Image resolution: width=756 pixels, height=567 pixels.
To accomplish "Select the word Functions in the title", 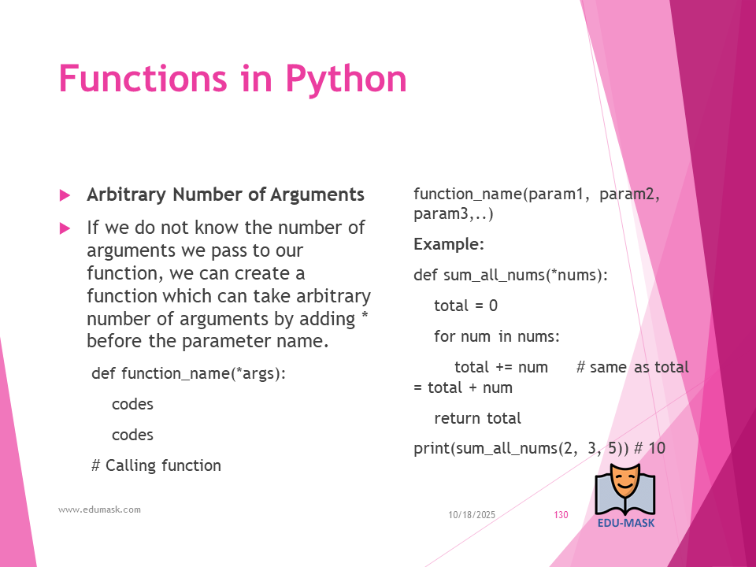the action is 143,78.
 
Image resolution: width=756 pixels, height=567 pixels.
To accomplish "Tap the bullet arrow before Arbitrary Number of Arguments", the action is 65,195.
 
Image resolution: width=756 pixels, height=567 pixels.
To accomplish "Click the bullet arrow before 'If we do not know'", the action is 65,228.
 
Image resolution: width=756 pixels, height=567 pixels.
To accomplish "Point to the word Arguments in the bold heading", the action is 317,195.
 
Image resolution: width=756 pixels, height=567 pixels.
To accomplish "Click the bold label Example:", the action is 448,244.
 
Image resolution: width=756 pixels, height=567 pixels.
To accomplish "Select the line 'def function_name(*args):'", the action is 188,373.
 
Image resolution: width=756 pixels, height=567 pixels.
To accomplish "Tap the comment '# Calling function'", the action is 156,465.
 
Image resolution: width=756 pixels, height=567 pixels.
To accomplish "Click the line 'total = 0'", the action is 465,306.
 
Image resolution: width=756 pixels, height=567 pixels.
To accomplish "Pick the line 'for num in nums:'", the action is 497,336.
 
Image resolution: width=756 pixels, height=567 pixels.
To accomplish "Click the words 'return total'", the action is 477,418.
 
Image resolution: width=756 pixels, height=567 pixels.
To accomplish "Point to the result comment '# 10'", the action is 650,448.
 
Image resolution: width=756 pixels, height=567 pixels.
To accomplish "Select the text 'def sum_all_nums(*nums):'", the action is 510,276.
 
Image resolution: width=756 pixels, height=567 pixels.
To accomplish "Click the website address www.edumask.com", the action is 99,510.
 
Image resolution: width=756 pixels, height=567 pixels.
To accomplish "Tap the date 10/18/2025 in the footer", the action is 472,515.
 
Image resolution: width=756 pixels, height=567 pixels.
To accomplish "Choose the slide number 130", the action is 561,515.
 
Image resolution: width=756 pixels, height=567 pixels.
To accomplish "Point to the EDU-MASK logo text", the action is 626,523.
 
